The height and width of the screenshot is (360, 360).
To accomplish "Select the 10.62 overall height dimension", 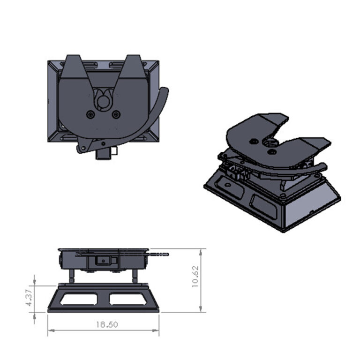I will click(x=196, y=277).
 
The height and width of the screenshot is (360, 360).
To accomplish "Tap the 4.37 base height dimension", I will click(x=29, y=298).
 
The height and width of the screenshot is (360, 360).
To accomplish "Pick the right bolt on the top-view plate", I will click(x=116, y=114).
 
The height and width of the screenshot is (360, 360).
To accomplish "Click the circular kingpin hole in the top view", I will click(x=103, y=98).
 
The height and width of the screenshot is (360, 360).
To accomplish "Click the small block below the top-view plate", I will click(x=103, y=153).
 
